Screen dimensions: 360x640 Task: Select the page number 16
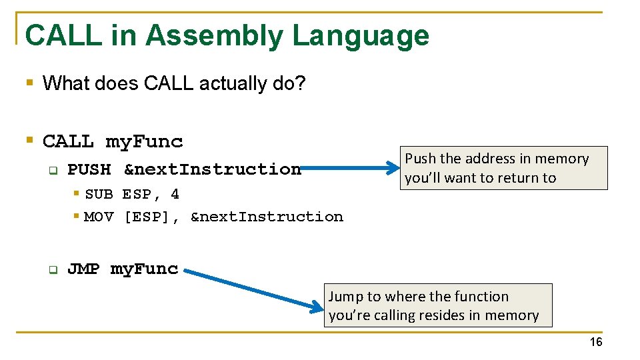595,342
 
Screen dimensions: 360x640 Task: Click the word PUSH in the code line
89,169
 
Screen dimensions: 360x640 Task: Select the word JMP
83,269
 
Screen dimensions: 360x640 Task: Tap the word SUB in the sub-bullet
99,195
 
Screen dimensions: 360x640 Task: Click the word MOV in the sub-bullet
99,217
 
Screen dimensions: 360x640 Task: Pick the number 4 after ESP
175,195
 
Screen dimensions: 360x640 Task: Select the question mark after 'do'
300,83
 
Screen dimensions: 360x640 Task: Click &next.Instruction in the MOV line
267,217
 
